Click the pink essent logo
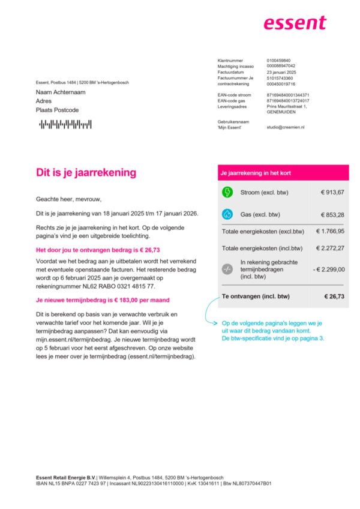point(295,23)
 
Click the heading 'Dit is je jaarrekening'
point(86,172)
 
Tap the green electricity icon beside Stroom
point(227,192)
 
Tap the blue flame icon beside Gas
point(227,214)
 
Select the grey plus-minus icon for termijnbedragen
point(227,269)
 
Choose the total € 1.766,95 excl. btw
point(328,231)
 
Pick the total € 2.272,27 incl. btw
point(328,248)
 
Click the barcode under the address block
point(65,124)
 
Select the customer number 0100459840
point(278,61)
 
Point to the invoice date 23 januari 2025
point(281,72)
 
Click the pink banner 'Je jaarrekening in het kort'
point(283,172)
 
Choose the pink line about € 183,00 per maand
point(103,300)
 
